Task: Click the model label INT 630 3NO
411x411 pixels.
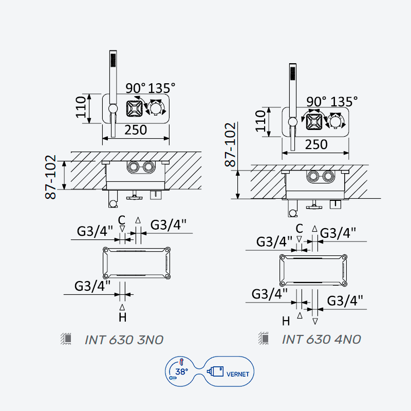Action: point(124,340)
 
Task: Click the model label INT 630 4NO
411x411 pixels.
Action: point(322,340)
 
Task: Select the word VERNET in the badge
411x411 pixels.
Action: point(237,374)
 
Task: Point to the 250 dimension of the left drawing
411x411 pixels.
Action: point(136,130)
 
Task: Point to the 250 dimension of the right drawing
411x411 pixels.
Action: point(316,144)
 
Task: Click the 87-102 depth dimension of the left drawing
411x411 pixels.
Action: point(50,177)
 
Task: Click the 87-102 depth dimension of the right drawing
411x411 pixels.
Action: point(230,144)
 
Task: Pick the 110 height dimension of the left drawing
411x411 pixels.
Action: point(81,107)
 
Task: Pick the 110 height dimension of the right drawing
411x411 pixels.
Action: point(260,121)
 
